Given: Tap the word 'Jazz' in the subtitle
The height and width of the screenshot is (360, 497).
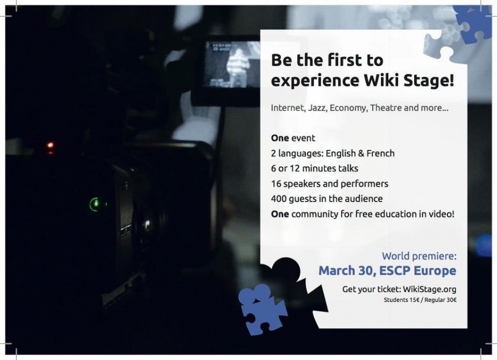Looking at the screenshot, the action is pyautogui.click(x=318, y=108).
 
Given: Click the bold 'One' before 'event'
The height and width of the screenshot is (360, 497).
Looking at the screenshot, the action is pyautogui.click(x=280, y=138).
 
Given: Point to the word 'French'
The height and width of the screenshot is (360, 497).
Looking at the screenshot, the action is pyautogui.click(x=380, y=153).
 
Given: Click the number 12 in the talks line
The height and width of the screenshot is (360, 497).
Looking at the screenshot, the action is pyautogui.click(x=295, y=168).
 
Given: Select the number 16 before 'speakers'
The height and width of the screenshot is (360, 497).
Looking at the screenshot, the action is pyautogui.click(x=276, y=184).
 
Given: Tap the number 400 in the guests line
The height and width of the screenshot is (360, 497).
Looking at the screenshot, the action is pyautogui.click(x=279, y=199).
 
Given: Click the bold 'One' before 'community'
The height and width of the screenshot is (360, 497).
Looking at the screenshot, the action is pyautogui.click(x=280, y=214).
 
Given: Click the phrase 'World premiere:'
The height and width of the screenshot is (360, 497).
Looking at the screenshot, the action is pyautogui.click(x=419, y=256).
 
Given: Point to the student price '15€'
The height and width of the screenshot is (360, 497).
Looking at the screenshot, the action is pyautogui.click(x=414, y=300).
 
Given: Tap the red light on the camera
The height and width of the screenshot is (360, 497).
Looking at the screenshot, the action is pyautogui.click(x=50, y=146).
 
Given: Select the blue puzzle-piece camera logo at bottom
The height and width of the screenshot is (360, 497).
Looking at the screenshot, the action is pyautogui.click(x=262, y=309).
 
